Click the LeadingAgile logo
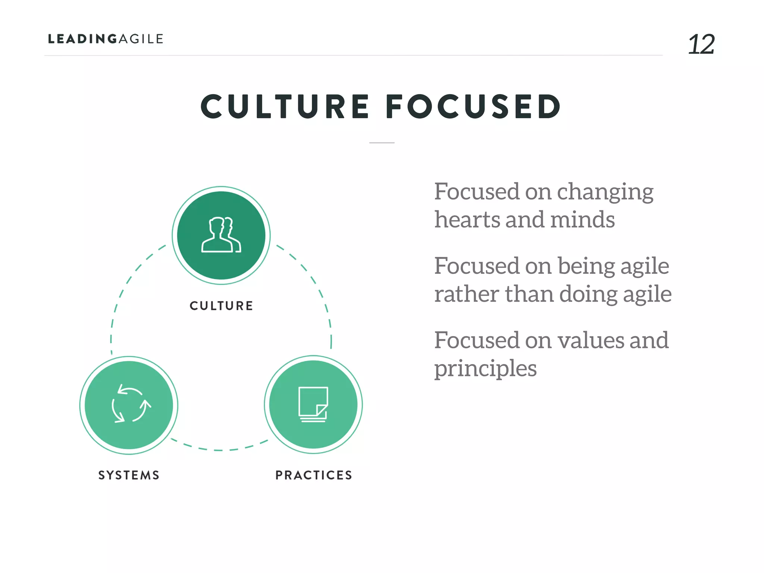tap(106, 39)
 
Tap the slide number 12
tap(701, 44)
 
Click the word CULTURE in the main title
tap(285, 107)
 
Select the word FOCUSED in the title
tap(473, 107)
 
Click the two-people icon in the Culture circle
tap(221, 235)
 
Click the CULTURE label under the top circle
tap(221, 306)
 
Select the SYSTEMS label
tap(129, 475)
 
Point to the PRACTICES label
tap(314, 475)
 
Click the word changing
tap(605, 192)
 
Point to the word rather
tap(467, 295)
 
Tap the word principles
tap(485, 369)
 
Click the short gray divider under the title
tap(382, 143)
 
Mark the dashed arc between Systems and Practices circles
tap(219, 450)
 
